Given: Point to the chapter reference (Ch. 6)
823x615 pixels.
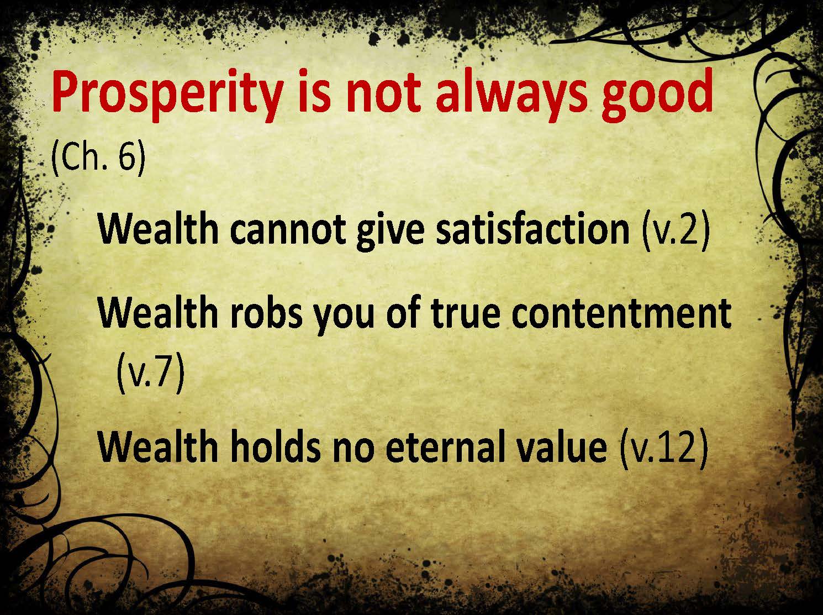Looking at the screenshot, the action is pos(98,158).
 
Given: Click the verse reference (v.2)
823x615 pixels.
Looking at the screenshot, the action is pos(676,229).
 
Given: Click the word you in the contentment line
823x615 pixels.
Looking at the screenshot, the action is pos(344,317).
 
